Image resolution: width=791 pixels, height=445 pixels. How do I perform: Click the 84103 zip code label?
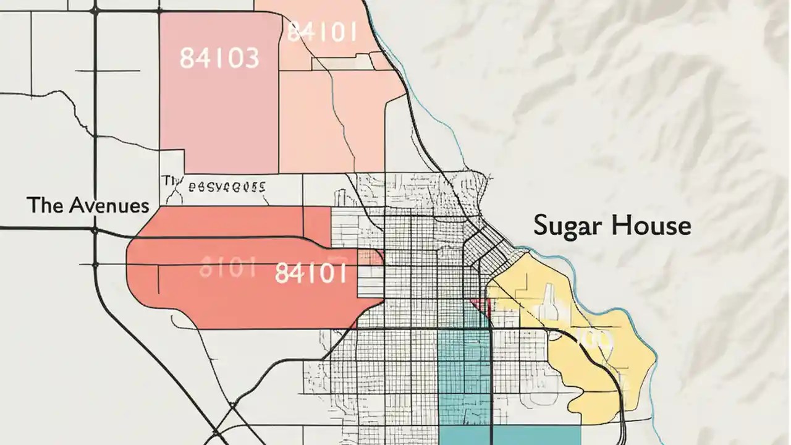[219, 58]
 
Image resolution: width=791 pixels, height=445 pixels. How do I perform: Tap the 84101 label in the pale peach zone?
[321, 32]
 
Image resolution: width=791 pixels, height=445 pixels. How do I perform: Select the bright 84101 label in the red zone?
[310, 273]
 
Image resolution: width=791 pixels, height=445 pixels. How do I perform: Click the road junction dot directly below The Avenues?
[94, 231]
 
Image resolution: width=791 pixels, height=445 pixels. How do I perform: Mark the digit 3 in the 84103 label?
[250, 58]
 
